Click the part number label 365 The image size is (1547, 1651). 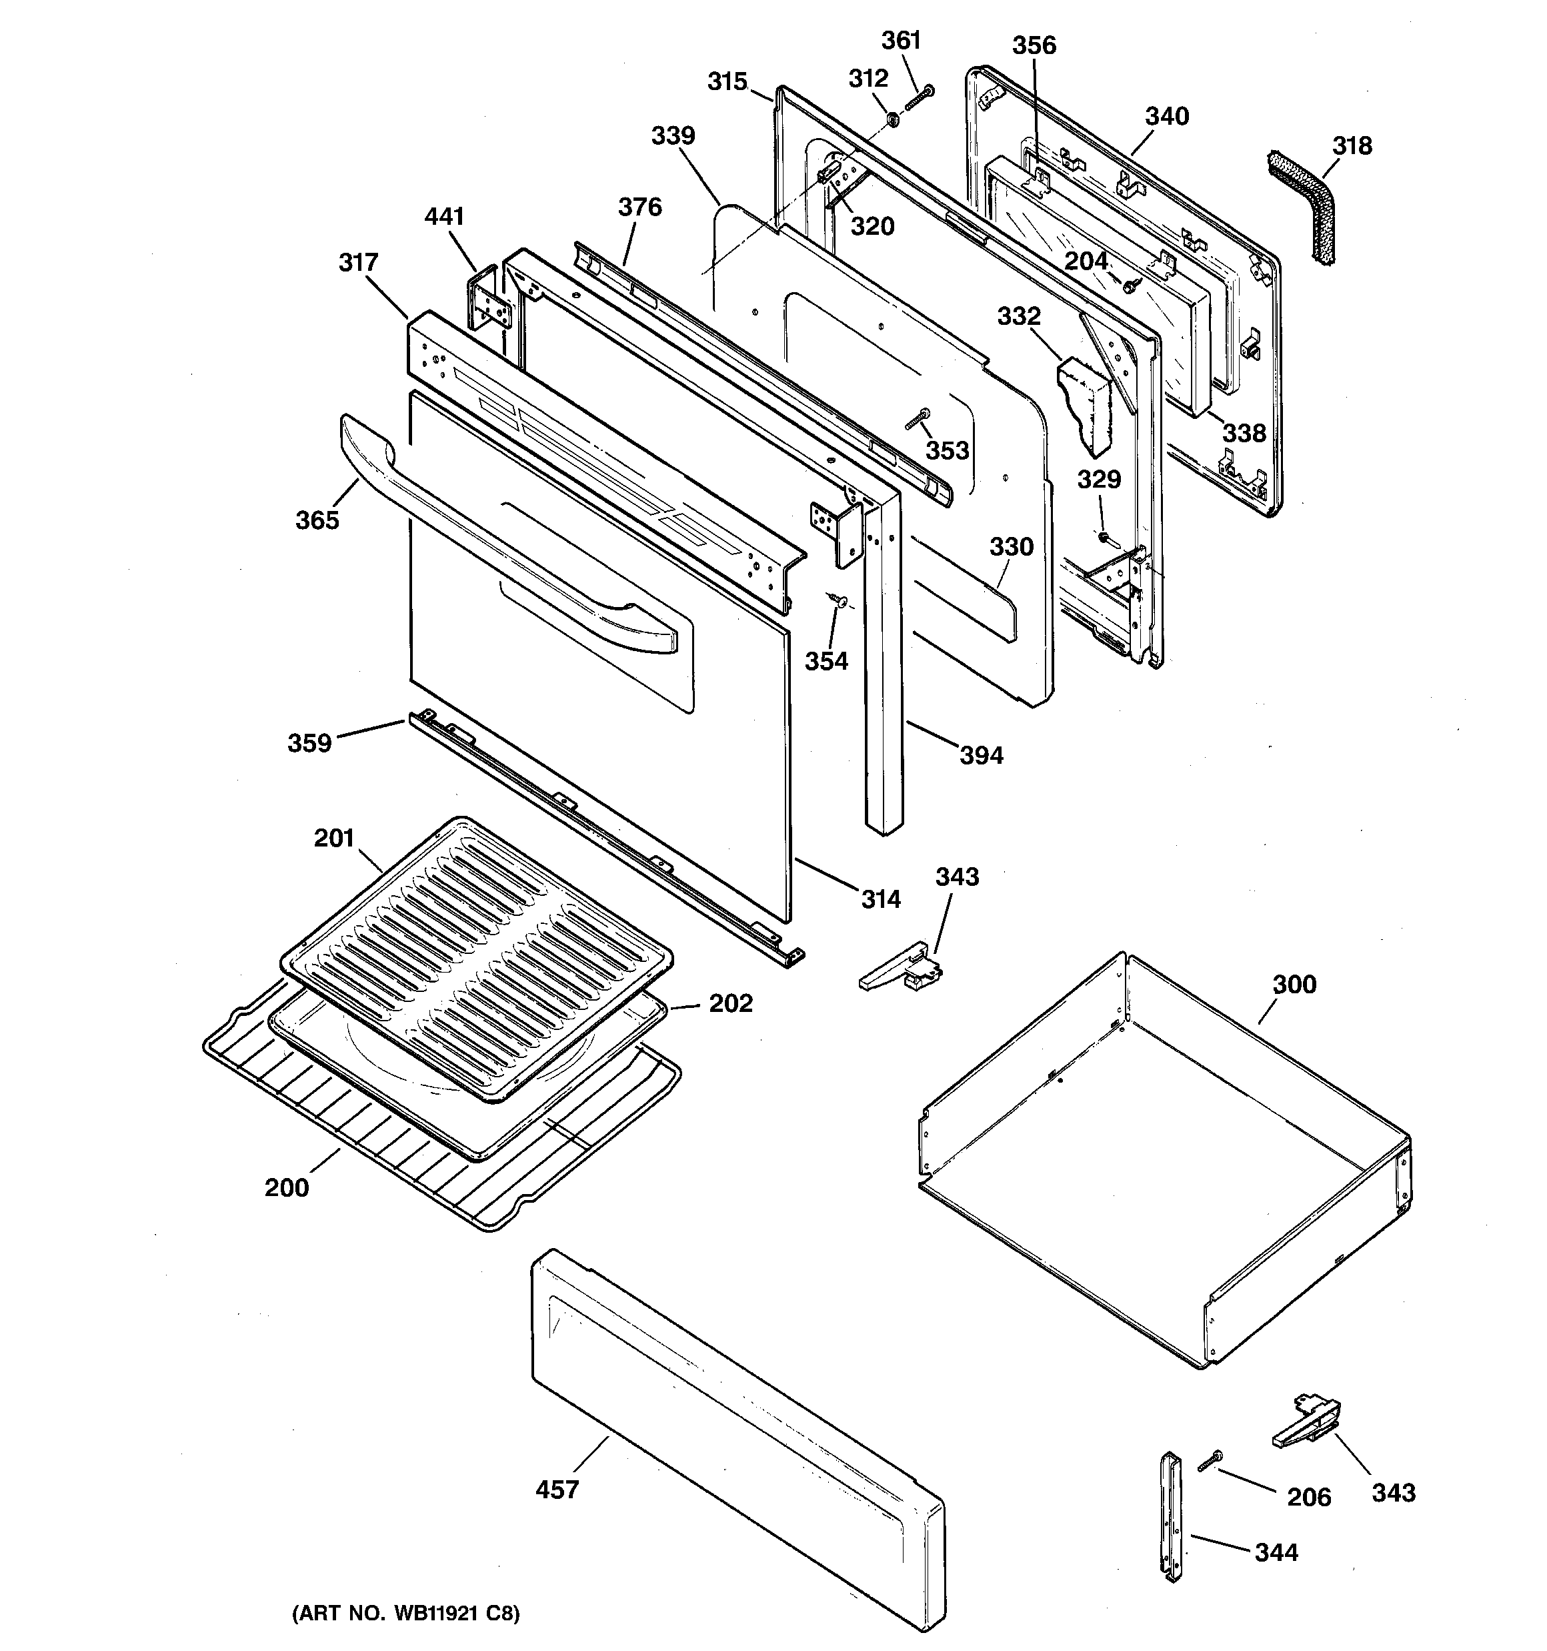click(317, 520)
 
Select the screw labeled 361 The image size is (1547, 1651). click(918, 98)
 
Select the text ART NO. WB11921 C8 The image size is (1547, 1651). click(405, 1613)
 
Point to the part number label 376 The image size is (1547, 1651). click(639, 207)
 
